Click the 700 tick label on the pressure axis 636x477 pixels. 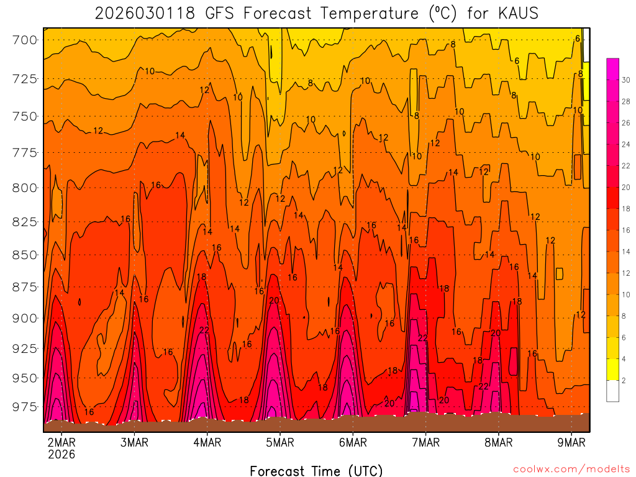tap(25, 40)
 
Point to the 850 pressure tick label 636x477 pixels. tap(25, 255)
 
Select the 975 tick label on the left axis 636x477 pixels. tap(25, 407)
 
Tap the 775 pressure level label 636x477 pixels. tap(25, 153)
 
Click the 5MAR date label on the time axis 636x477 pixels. tap(279, 443)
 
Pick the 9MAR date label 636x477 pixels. tap(572, 443)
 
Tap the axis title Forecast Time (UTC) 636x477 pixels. tap(316, 470)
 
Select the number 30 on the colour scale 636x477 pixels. tap(626, 80)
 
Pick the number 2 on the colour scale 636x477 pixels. tap(624, 380)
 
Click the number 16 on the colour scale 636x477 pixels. tap(626, 230)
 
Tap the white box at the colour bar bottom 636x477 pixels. tap(612, 391)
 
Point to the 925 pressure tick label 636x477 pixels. tap(25, 348)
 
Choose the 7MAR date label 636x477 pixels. tap(426, 443)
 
